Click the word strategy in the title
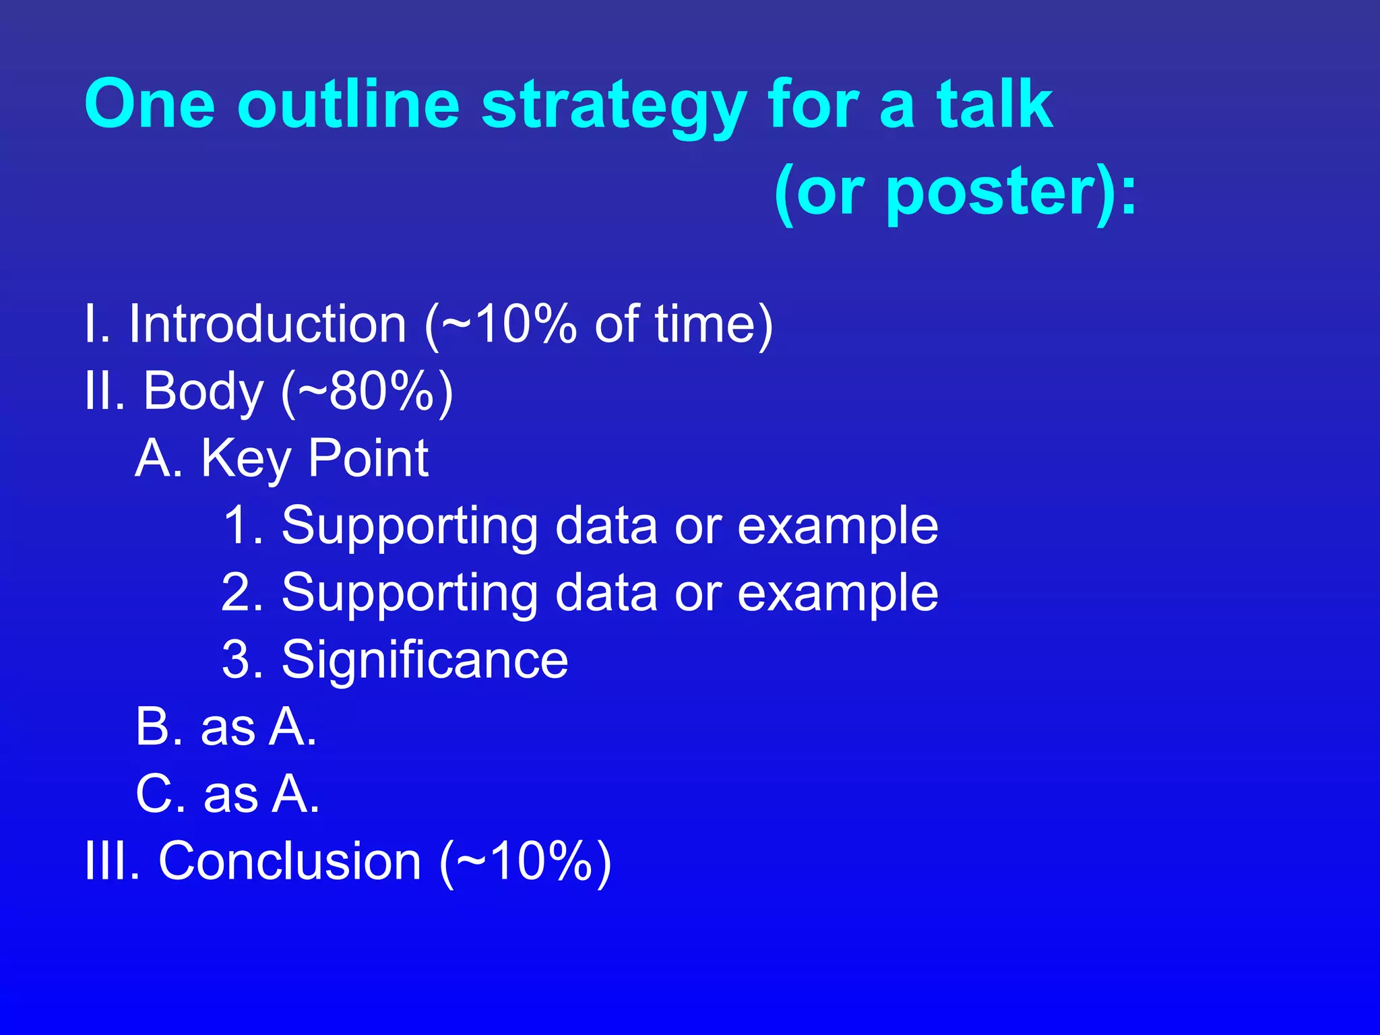point(613,106)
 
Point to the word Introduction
point(268,324)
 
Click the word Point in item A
point(368,458)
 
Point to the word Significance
point(425,660)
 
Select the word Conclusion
point(290,861)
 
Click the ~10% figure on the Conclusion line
point(526,861)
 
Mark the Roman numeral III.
point(111,861)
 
